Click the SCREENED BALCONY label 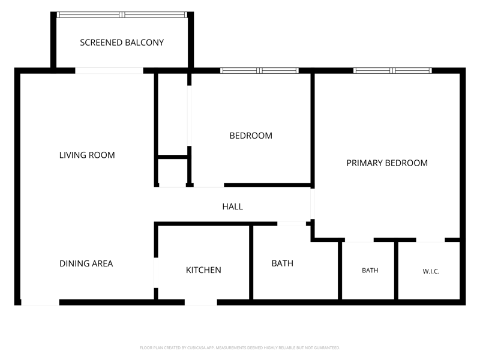click(x=122, y=43)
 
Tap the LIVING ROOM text click(x=87, y=155)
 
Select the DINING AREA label click(x=86, y=263)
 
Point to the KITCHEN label click(x=203, y=270)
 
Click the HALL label click(x=233, y=206)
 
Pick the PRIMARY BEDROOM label click(x=387, y=163)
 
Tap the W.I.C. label click(x=431, y=271)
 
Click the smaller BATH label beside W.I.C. click(x=370, y=271)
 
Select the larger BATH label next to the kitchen click(x=282, y=263)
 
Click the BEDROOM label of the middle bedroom click(x=251, y=136)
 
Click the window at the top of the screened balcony click(x=122, y=14)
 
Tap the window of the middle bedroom click(x=260, y=71)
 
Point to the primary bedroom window click(x=393, y=71)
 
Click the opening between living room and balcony click(x=109, y=71)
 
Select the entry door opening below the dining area click(x=40, y=302)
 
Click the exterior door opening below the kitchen click(x=201, y=302)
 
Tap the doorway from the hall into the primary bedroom click(x=313, y=204)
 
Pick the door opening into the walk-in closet click(x=430, y=240)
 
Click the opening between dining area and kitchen click(x=156, y=273)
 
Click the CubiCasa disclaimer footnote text click(x=239, y=348)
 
